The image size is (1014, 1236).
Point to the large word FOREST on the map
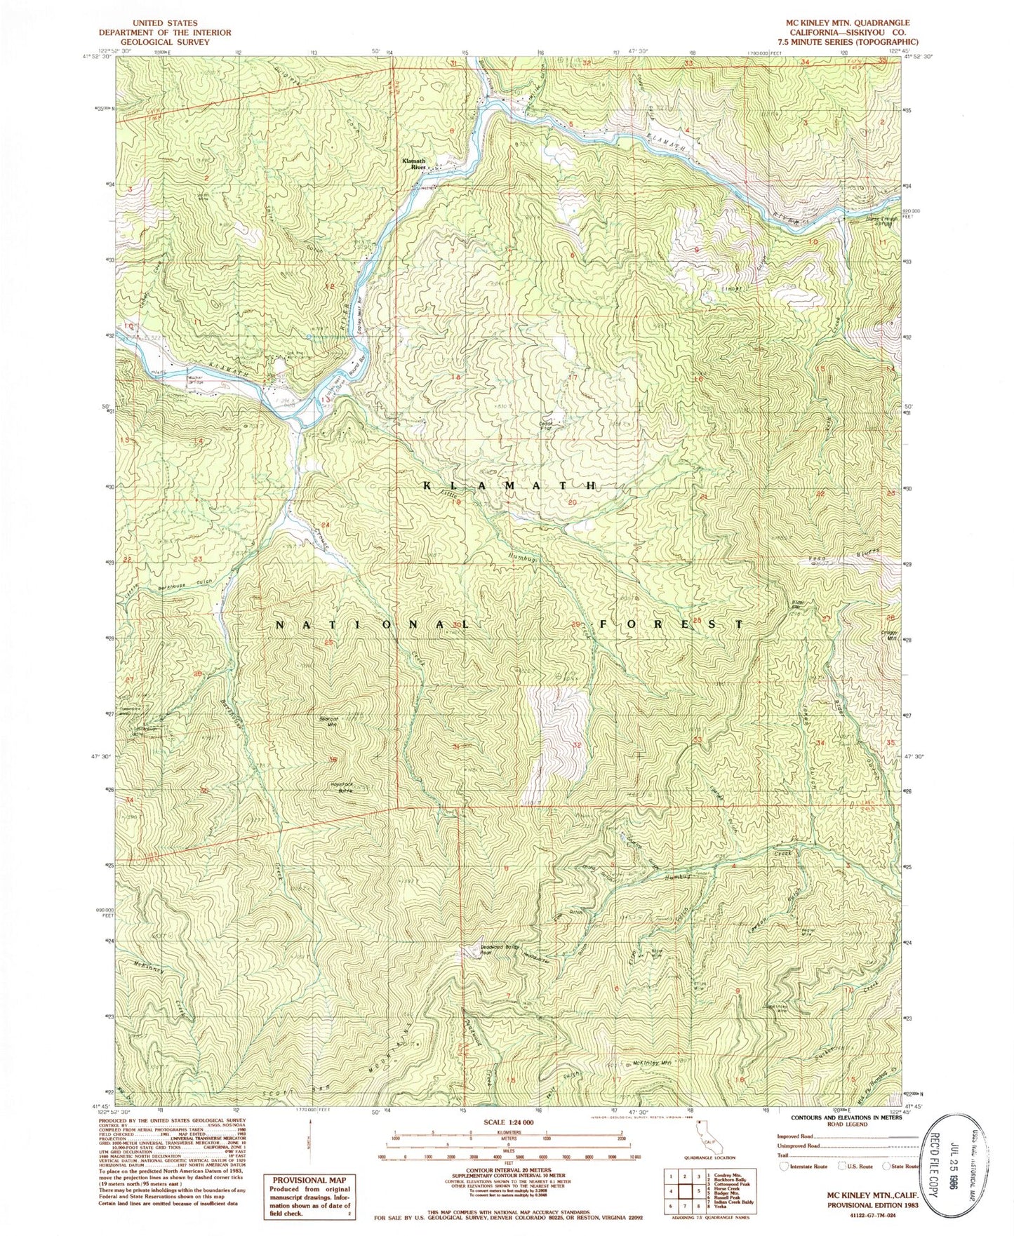point(670,623)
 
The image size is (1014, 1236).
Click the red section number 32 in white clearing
point(577,745)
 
